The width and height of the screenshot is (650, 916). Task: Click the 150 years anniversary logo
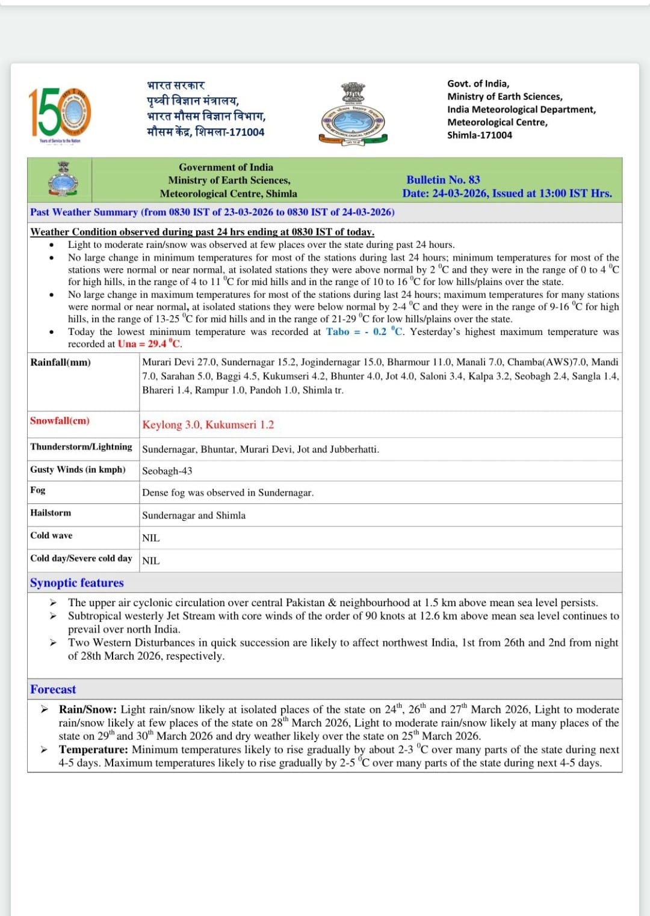point(60,114)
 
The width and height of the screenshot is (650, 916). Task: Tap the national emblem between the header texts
point(353,114)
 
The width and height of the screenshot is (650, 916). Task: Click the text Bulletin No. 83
point(443,180)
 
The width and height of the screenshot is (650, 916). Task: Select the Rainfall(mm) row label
point(60,362)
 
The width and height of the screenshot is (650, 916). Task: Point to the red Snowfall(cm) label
point(60,421)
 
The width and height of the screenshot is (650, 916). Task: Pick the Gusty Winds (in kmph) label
point(78,470)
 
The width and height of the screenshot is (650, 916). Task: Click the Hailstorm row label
point(51,513)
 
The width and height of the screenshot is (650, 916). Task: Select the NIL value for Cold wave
point(150,538)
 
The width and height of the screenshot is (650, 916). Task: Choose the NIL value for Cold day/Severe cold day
point(150,561)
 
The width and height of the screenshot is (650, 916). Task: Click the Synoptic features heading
point(76,583)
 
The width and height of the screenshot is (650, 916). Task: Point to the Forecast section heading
point(53,689)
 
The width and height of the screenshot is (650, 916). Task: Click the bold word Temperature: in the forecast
point(93,749)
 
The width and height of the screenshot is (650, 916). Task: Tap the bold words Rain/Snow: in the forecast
point(88,710)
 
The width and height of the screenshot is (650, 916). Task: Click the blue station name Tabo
point(337,331)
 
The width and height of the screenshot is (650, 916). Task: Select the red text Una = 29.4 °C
point(150,344)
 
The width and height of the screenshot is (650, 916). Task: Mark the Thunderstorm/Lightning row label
point(81,447)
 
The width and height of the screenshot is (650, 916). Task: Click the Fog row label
point(38,490)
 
